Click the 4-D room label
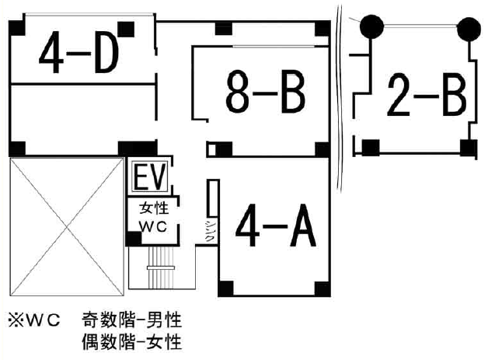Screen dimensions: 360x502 tap(79, 54)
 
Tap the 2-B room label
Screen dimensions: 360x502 tap(426, 96)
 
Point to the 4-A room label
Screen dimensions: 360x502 tap(276, 225)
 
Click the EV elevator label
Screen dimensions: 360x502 tap(148, 178)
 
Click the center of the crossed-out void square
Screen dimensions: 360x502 tap(66, 226)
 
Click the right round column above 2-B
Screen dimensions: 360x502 tap(469, 29)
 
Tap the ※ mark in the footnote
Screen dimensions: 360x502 tap(15, 319)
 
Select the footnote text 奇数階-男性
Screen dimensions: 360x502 tap(132, 319)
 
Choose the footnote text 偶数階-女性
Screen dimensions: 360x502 tap(132, 340)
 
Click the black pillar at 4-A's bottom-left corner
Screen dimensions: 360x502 tap(224, 289)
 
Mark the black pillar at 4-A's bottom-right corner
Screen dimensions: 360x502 tap(321, 288)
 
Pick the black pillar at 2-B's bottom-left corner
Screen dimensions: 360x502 tap(371, 145)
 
